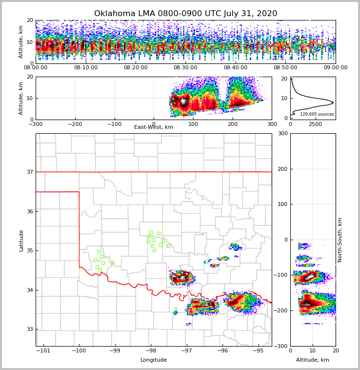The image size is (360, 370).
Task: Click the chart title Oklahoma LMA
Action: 185,14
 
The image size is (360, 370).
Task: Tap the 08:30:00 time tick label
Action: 185,68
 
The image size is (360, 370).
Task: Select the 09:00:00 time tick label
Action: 335,68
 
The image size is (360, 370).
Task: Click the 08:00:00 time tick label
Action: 36,68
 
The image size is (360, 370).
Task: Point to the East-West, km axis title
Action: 154,127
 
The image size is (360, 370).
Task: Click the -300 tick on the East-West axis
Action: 36,124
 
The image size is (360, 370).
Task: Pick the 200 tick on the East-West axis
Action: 232,124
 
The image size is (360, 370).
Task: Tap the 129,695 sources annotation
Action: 317,114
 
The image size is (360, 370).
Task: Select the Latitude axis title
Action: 21,240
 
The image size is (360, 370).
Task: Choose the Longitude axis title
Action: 154,360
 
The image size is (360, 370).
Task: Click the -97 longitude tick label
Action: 187,350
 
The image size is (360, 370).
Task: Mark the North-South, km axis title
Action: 340,240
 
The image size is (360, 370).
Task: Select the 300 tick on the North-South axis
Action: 282,133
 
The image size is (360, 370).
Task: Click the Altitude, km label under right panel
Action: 313,360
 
